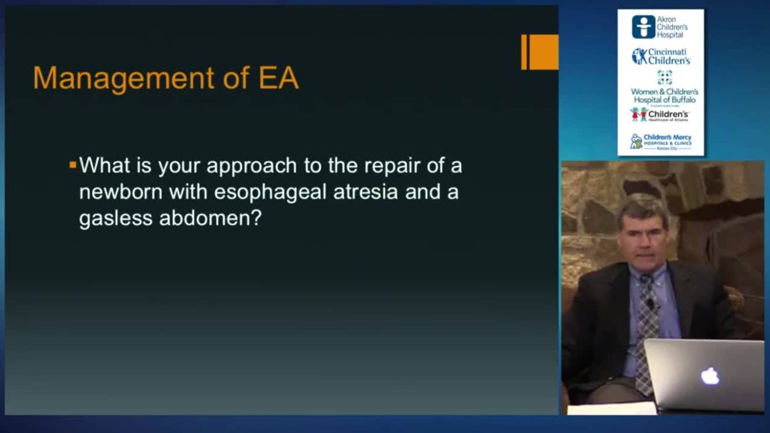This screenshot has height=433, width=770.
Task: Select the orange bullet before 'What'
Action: coord(73,164)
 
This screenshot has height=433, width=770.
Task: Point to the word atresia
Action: coord(345,192)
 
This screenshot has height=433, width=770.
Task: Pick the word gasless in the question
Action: coord(115,218)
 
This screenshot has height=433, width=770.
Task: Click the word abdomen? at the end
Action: coord(211,218)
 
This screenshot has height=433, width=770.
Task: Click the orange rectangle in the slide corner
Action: coord(540,52)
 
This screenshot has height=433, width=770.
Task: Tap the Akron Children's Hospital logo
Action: coord(660,26)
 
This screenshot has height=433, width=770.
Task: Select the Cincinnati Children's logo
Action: coord(661,57)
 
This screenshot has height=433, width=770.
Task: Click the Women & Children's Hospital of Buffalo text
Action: coord(664,95)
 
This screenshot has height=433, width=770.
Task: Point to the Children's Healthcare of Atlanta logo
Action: coord(660,114)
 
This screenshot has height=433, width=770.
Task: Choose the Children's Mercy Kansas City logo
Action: coord(661,141)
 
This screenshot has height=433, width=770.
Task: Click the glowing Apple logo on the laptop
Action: coord(710,376)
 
